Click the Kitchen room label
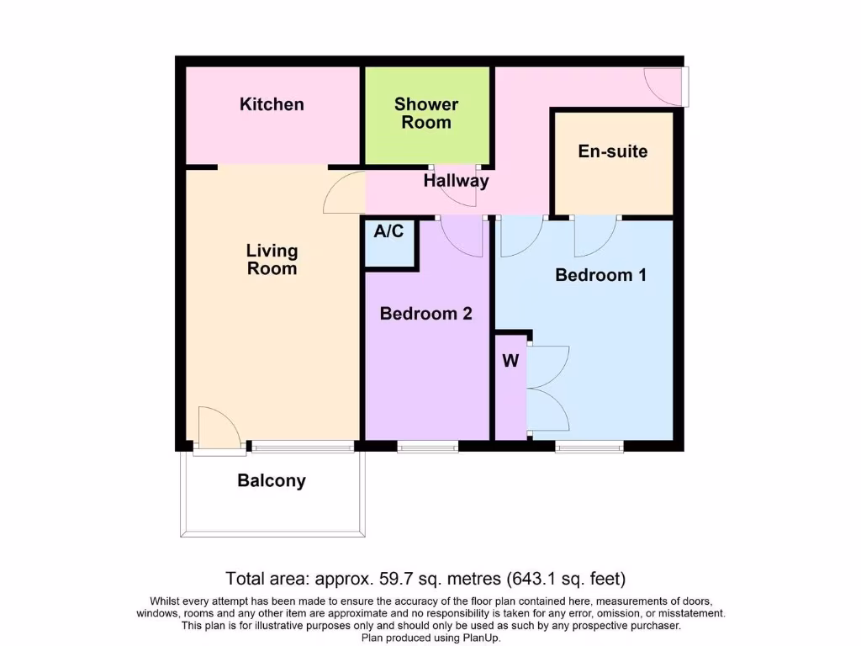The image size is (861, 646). tap(272, 104)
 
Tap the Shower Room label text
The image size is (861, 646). tap(426, 114)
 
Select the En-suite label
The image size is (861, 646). tap(613, 151)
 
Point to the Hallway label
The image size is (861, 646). tap(456, 180)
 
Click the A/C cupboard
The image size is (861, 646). tap(389, 242)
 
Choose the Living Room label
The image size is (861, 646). tap(272, 260)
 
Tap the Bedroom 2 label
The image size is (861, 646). tap(426, 314)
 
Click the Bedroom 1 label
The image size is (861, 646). tap(600, 275)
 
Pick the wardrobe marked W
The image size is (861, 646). tap(510, 362)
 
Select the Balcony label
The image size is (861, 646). tap(272, 481)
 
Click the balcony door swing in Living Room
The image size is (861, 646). tap(219, 426)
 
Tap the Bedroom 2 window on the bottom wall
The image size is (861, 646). tap(428, 447)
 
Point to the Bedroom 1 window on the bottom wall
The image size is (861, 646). tap(589, 447)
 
